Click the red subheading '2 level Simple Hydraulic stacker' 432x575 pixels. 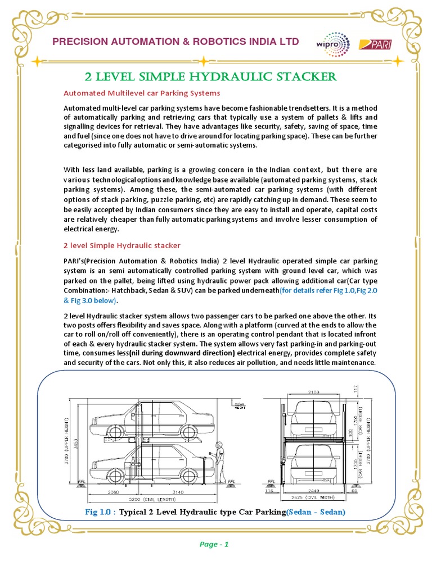(x=123, y=245)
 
